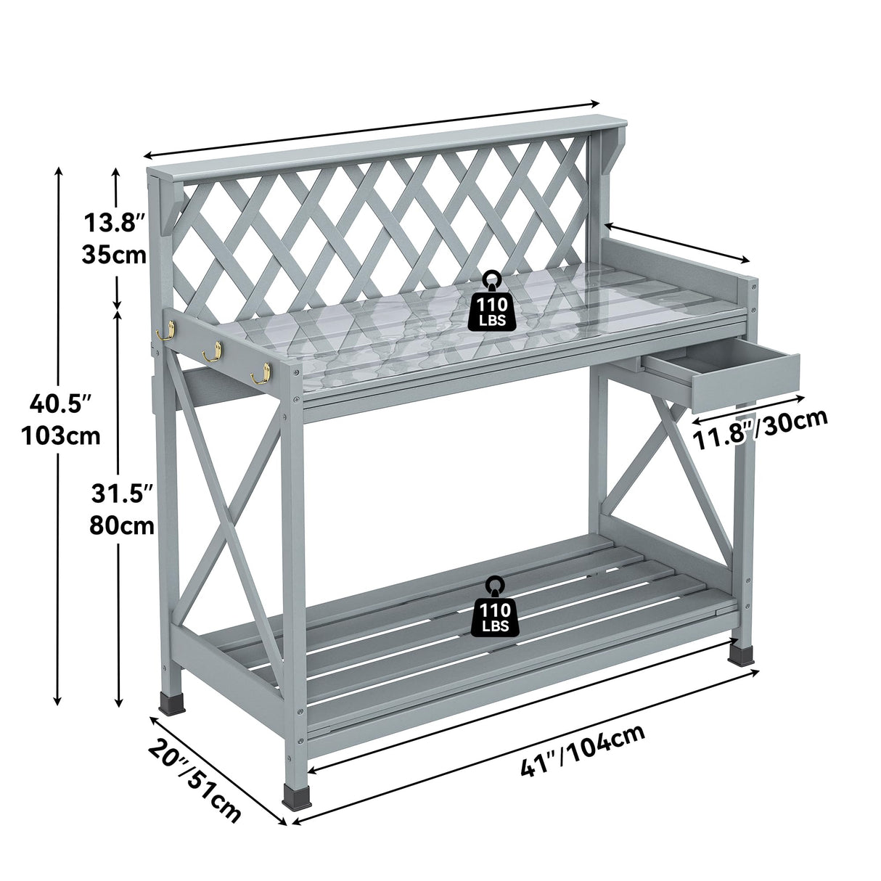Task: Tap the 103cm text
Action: (61, 435)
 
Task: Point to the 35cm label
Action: (114, 255)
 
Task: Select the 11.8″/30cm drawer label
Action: (761, 431)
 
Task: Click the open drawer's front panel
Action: (745, 383)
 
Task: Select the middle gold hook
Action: (211, 354)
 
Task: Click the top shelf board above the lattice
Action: (377, 143)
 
